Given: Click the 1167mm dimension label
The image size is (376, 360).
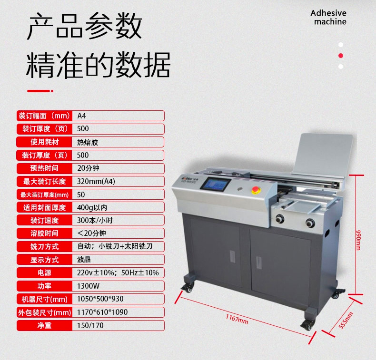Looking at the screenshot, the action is click(x=237, y=319).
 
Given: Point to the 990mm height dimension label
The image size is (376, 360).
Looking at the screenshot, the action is click(x=358, y=240).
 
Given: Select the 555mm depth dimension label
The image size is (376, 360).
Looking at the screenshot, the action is click(x=346, y=320).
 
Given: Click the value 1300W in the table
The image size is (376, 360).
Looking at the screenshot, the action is click(x=88, y=286).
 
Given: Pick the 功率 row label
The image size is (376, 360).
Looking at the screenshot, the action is click(x=44, y=286).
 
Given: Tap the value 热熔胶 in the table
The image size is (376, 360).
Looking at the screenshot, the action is click(x=88, y=143).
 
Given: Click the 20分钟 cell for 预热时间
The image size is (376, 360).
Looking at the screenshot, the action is click(x=88, y=168).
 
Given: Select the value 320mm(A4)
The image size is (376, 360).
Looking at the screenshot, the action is click(x=96, y=181).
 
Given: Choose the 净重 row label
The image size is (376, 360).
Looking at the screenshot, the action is click(x=44, y=325).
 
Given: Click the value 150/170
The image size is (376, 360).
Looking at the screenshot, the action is click(x=90, y=325).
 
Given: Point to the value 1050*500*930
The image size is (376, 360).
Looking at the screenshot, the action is click(x=100, y=299).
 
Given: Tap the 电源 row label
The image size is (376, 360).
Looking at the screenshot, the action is click(x=44, y=273).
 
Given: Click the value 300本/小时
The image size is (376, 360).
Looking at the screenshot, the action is click(x=95, y=220).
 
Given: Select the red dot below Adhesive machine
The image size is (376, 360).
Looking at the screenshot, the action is click(x=340, y=56).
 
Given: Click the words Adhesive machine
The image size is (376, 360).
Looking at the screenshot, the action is click(x=328, y=17).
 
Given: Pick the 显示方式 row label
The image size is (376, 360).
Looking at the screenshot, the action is click(x=44, y=260).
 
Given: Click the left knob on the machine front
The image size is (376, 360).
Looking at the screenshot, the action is click(x=280, y=219).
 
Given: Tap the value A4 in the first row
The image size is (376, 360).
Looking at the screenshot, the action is click(x=81, y=116).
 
